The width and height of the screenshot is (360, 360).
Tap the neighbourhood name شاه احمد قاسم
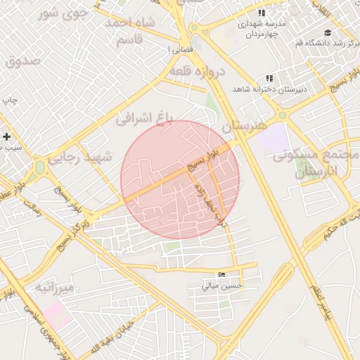130,31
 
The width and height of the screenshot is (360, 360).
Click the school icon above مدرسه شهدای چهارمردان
262,13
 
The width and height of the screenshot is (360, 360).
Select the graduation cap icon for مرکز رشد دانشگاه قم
327,32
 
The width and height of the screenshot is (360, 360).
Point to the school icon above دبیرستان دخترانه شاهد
269,78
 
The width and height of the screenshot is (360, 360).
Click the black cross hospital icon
7,136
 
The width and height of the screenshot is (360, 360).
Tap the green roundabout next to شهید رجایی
39,167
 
